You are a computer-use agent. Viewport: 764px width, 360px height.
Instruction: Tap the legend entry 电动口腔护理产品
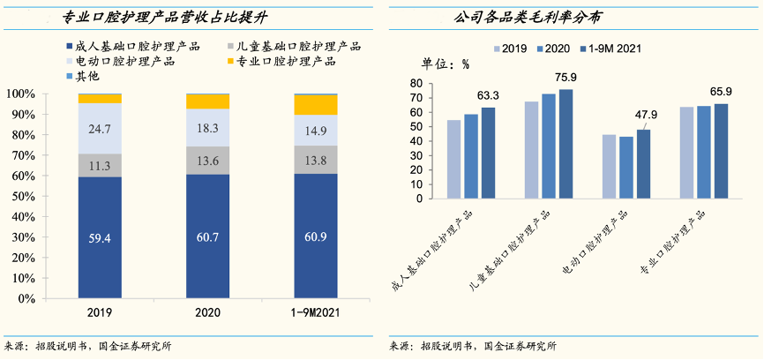[119, 62]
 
